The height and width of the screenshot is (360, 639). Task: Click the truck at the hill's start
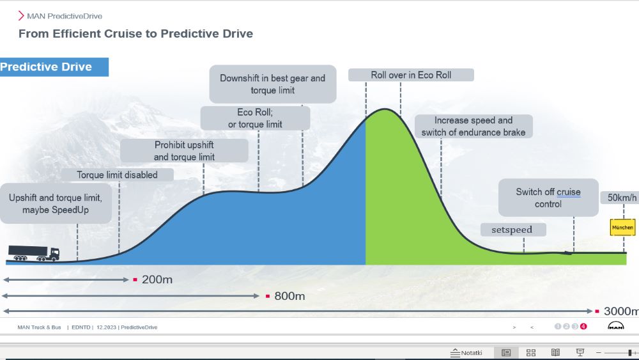pyautogui.click(x=34, y=253)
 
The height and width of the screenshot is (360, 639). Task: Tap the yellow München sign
pyautogui.click(x=622, y=228)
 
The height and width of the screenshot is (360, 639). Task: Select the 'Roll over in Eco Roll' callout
pyautogui.click(x=411, y=75)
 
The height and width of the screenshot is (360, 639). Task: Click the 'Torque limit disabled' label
pyautogui.click(x=118, y=175)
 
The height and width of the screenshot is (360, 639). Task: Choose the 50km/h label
pyautogui.click(x=621, y=198)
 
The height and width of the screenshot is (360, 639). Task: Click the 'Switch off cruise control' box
pyautogui.click(x=548, y=198)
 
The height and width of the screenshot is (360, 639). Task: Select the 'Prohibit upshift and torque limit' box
pyautogui.click(x=184, y=151)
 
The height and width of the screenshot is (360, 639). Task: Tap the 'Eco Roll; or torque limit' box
pyautogui.click(x=255, y=118)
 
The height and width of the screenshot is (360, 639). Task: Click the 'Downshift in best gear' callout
pyautogui.click(x=273, y=84)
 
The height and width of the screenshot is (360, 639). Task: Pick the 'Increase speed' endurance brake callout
pyautogui.click(x=473, y=127)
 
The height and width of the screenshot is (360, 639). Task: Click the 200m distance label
pyautogui.click(x=157, y=279)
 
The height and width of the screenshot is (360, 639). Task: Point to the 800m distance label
pyautogui.click(x=289, y=296)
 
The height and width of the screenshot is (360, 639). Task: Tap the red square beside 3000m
pyautogui.click(x=597, y=311)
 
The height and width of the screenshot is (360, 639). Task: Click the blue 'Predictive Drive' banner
pyautogui.click(x=54, y=67)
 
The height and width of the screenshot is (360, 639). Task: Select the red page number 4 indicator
pyautogui.click(x=583, y=327)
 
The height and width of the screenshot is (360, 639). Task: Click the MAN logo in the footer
pyautogui.click(x=615, y=325)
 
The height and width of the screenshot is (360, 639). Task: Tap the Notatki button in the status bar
pyautogui.click(x=466, y=353)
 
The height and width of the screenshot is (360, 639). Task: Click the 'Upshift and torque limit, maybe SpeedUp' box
pyautogui.click(x=56, y=203)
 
